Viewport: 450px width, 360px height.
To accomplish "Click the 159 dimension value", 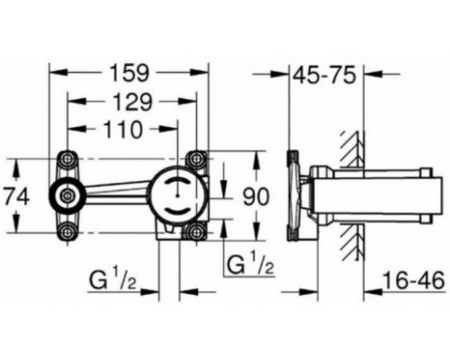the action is (x=130, y=74).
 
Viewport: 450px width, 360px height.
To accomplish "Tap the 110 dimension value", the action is (x=122, y=130).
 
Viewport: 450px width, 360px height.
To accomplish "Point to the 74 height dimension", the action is (x=17, y=197).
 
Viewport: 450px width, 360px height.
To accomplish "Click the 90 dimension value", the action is (x=256, y=197).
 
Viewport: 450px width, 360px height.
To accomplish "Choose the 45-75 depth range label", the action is (x=324, y=75).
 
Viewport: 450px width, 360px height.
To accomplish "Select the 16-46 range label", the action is (x=414, y=281).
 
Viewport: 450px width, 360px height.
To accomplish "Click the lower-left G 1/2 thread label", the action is (x=113, y=281).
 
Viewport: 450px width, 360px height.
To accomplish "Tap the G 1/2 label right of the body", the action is (x=251, y=265).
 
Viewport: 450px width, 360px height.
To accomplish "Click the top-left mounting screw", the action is (x=68, y=158).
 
